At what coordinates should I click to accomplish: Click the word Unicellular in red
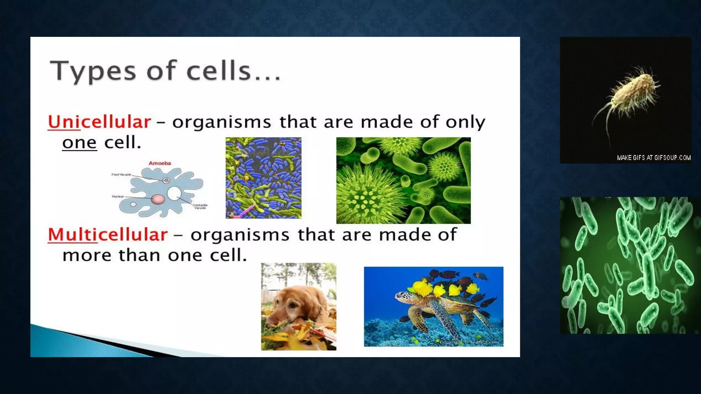pos(99,122)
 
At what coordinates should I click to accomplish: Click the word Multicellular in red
pos(108,235)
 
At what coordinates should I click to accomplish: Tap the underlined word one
pos(79,143)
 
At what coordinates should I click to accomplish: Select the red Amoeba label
pos(160,163)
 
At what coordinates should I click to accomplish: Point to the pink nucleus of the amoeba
pos(158,199)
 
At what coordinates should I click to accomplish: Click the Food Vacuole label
pos(121,174)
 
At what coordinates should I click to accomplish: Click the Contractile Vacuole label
pos(200,206)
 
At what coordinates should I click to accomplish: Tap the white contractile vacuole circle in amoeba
pos(174,193)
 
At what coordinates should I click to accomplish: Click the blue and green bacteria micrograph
pos(264,178)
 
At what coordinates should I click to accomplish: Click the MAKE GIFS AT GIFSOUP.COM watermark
pos(653,158)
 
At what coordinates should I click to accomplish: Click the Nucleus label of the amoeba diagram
pos(117,196)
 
